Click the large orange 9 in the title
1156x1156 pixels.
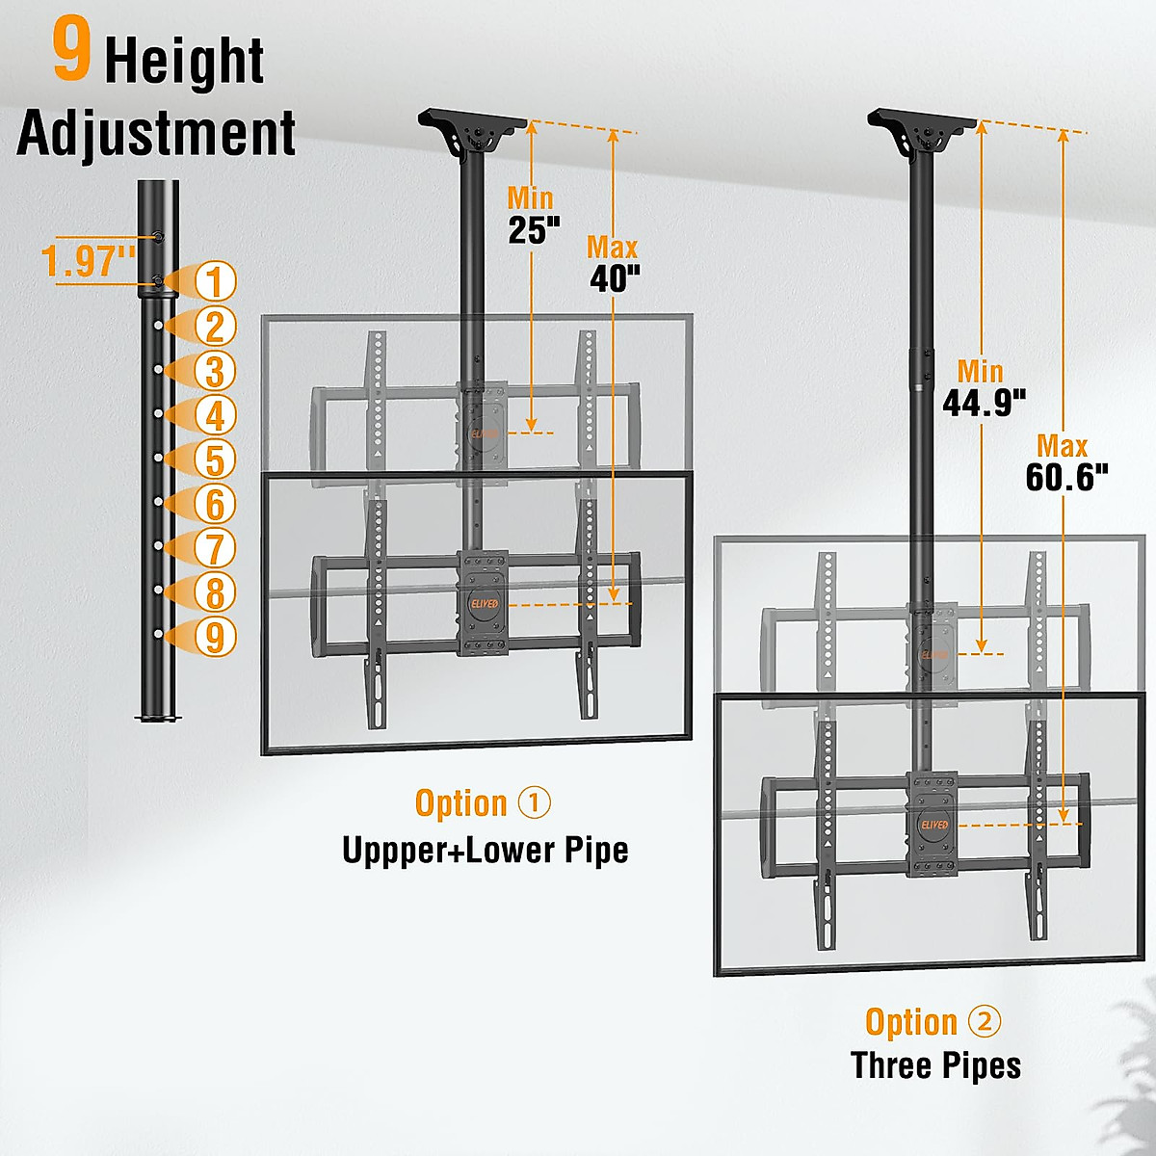71,53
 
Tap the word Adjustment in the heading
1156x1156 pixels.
156,133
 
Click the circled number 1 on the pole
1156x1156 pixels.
215,281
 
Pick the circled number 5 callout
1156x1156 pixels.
215,460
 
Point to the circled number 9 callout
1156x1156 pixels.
215,637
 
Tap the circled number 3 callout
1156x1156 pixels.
215,371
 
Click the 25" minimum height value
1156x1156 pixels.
534,231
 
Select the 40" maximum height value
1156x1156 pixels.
615,279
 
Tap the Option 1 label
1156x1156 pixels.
483,803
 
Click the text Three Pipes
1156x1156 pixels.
935,1065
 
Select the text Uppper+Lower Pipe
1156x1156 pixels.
486,850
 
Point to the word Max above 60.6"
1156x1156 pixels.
1062,446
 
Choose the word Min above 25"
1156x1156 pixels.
531,198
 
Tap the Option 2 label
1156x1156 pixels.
933,1022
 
